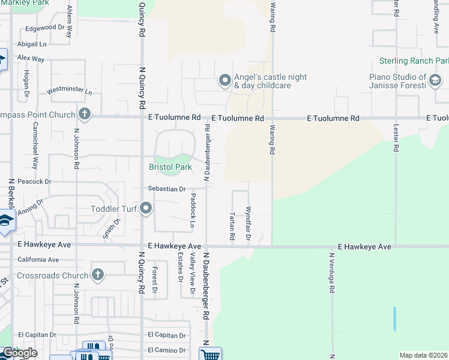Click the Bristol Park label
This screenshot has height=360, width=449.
coord(170,167)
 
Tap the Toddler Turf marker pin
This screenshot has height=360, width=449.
coord(146,209)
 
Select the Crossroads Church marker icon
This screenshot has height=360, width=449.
coord(98,275)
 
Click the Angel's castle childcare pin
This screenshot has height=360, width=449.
coord(225,80)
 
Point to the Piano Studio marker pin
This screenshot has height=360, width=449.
coord(436,81)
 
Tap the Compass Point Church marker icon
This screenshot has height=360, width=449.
coord(85,114)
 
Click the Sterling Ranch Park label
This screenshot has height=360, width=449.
coord(414,61)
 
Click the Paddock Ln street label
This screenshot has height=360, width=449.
coord(193,211)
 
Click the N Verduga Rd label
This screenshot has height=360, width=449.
coord(331,272)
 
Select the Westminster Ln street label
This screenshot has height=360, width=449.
coord(70,92)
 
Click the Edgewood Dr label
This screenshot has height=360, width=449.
coord(44,28)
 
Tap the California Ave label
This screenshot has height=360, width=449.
coord(38,260)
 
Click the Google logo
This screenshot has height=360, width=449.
coord(19,353)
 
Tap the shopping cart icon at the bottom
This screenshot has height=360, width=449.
coord(210,354)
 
